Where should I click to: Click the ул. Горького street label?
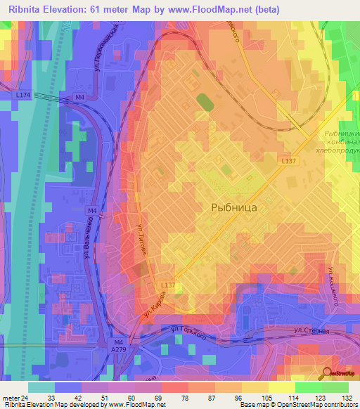coord(188,332)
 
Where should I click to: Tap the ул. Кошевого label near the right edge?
coord(335,285)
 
